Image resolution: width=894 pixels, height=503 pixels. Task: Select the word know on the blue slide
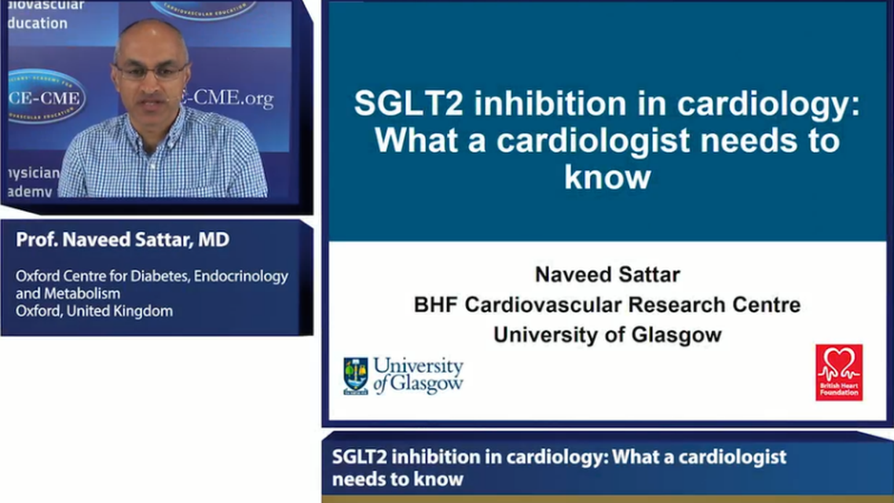click(x=607, y=177)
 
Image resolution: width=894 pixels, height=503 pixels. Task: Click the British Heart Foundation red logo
click(x=838, y=373)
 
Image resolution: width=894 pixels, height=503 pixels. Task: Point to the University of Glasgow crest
click(x=355, y=375)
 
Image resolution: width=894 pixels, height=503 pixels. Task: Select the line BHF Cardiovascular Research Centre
click(x=607, y=305)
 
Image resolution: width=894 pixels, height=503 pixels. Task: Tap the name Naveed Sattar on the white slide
click(x=607, y=274)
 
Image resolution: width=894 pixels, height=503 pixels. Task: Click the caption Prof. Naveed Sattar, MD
click(x=123, y=240)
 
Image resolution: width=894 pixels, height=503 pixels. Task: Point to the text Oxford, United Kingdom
click(x=94, y=310)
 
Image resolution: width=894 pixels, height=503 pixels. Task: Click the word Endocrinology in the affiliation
click(x=250, y=277)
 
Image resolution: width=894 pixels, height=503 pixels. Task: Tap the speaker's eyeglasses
click(x=152, y=71)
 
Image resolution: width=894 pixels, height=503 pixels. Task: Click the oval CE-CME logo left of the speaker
click(x=43, y=96)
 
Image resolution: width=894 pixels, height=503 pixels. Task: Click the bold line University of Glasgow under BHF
click(x=607, y=335)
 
